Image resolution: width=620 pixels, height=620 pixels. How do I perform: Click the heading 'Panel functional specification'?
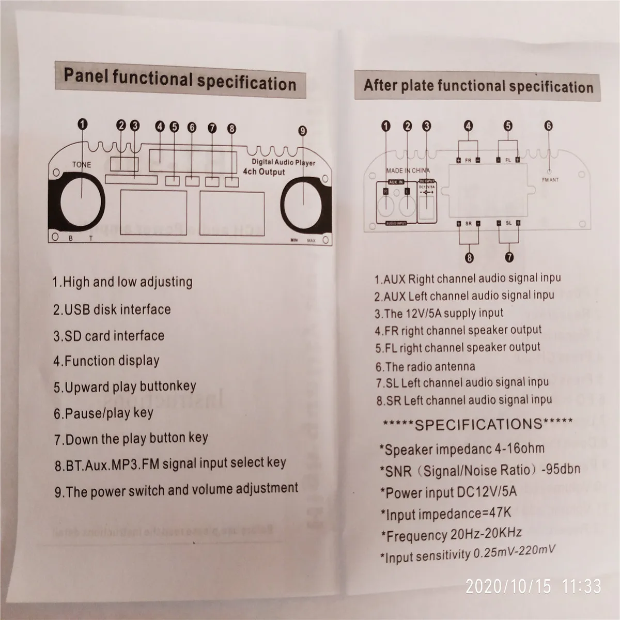pyautogui.click(x=179, y=80)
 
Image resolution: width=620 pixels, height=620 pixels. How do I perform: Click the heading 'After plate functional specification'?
pyautogui.click(x=478, y=85)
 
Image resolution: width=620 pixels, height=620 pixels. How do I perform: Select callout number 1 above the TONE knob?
pyautogui.click(x=83, y=124)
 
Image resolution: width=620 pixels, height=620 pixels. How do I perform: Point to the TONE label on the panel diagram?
pyautogui.click(x=82, y=165)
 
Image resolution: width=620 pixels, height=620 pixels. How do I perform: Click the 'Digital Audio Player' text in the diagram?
pyautogui.click(x=280, y=162)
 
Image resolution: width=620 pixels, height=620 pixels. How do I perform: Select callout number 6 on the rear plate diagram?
pyautogui.click(x=548, y=125)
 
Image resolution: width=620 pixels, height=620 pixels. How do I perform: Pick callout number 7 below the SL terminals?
pyautogui.click(x=509, y=256)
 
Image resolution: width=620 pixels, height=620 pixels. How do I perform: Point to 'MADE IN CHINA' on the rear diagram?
pyautogui.click(x=408, y=170)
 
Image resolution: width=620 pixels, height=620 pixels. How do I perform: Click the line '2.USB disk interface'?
pyautogui.click(x=112, y=309)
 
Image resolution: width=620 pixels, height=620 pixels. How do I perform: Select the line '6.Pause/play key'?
pyautogui.click(x=103, y=413)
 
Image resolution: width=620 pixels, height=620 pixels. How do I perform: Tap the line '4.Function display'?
pyautogui.click(x=106, y=361)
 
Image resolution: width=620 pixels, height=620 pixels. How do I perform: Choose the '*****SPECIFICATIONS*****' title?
pyautogui.click(x=477, y=424)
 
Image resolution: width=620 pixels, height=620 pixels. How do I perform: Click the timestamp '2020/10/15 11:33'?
pyautogui.click(x=533, y=586)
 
